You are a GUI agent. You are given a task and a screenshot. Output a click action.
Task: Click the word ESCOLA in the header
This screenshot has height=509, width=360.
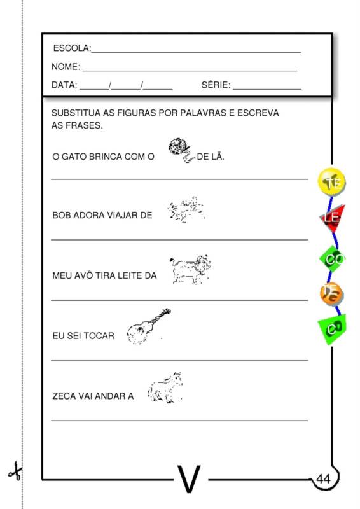71,48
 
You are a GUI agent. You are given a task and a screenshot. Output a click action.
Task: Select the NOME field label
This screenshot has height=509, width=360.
65,67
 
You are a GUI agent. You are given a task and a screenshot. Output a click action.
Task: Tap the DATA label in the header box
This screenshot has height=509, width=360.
64,85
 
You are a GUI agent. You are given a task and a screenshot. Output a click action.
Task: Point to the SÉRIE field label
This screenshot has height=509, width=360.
215,85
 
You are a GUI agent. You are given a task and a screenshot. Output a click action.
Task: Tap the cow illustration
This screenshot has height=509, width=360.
190,269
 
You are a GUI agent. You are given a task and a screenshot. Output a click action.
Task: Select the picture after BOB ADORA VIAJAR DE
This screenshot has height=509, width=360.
186,209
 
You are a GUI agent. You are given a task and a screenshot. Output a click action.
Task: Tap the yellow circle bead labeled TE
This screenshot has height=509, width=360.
332,183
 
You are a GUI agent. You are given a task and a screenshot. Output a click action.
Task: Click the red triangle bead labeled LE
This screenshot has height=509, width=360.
332,218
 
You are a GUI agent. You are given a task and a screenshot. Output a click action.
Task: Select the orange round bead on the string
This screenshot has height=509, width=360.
332,293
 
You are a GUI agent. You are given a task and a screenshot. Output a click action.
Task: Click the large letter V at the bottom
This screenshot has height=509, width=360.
189,479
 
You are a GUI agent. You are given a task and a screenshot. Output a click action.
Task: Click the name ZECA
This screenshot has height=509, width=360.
64,396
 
